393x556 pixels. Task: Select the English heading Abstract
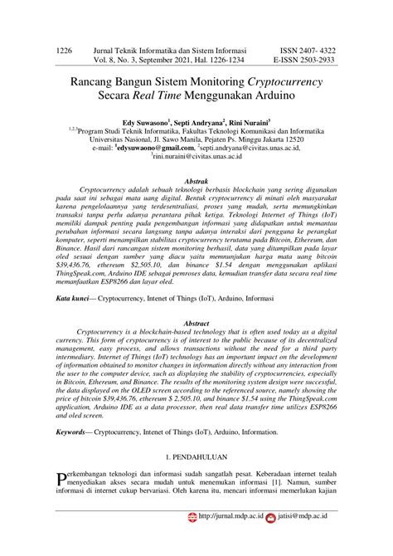[x=196, y=321]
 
